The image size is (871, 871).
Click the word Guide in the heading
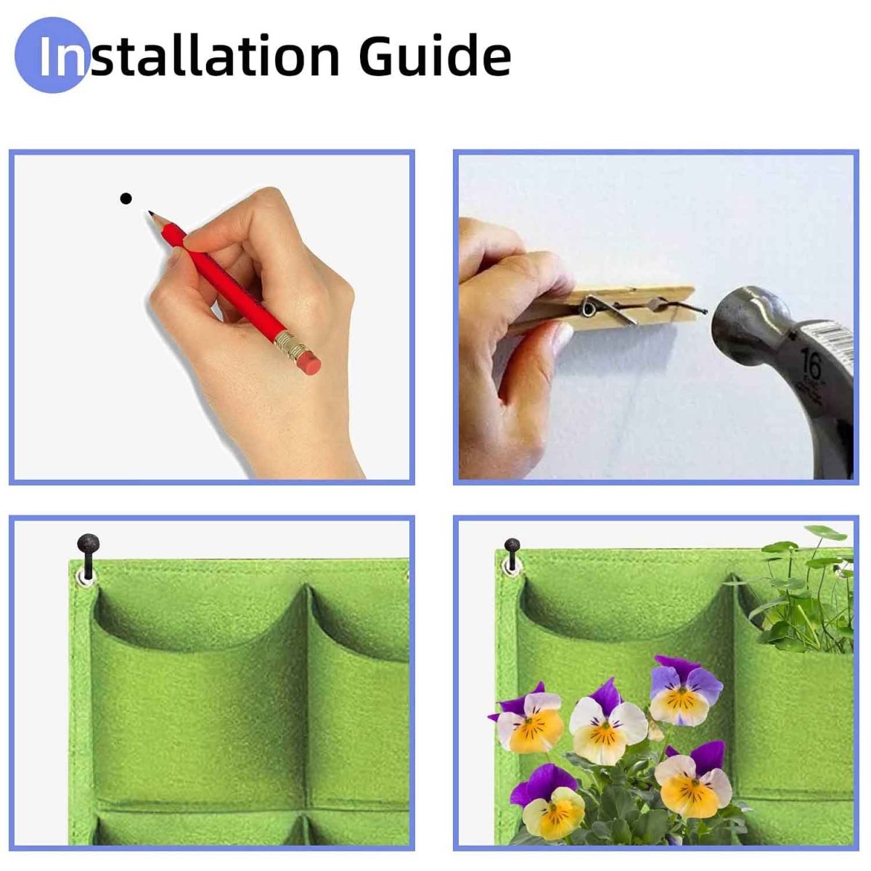tap(434, 56)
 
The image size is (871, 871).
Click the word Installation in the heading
tap(189, 56)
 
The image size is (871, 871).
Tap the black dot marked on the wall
tap(126, 197)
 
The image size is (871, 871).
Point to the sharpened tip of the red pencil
tap(152, 214)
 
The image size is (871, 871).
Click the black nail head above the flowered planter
tap(512, 545)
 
